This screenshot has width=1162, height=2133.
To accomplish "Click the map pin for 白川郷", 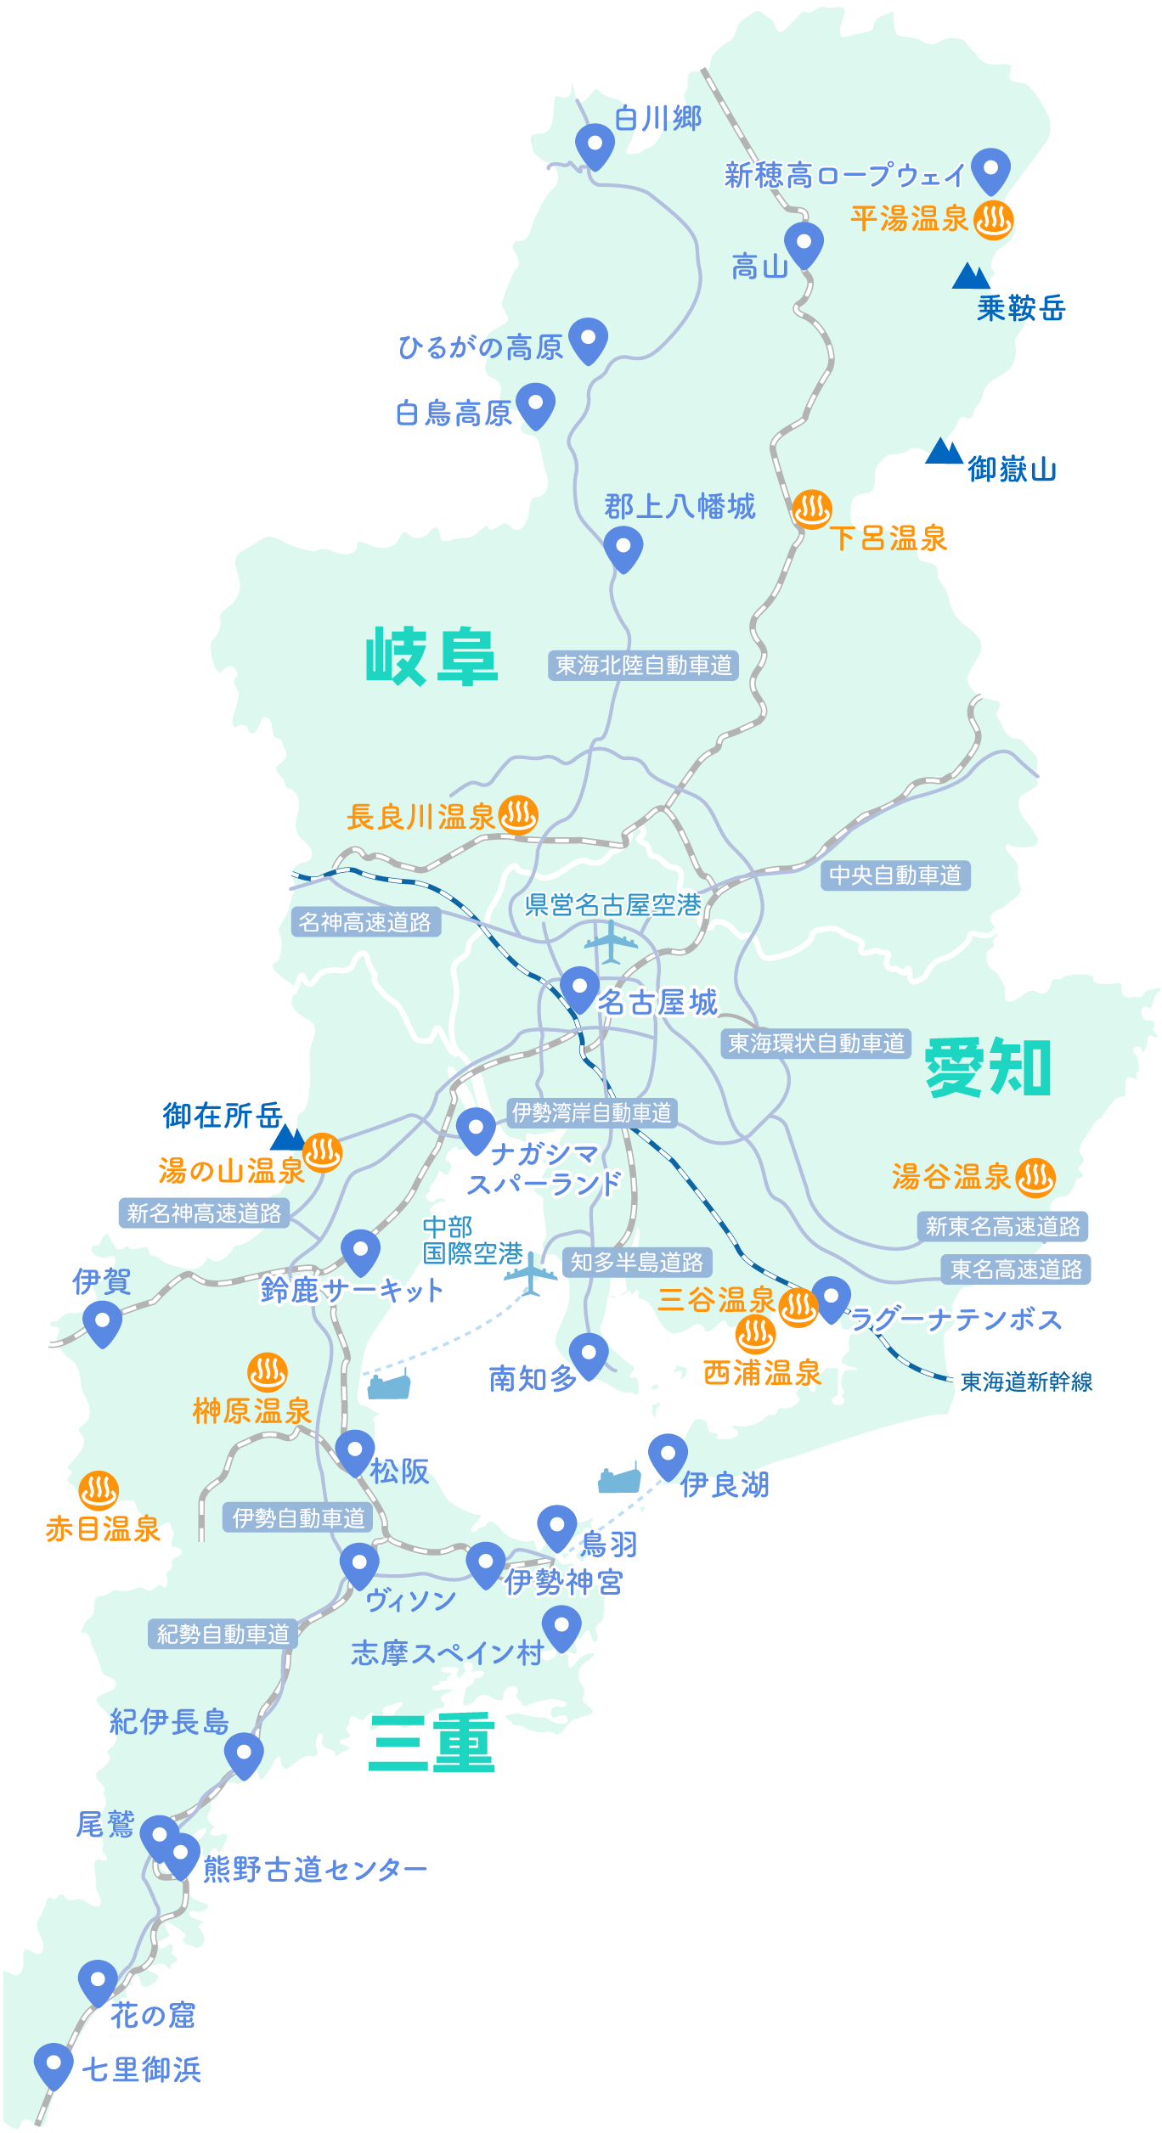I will point(595,144).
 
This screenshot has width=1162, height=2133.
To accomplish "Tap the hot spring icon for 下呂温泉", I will point(811,509).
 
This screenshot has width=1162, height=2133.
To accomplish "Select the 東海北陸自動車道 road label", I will point(643,665).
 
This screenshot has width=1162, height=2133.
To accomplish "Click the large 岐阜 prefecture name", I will point(432,656).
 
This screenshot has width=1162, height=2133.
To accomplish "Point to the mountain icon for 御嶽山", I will point(943,452).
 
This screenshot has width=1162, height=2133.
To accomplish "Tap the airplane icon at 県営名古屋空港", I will point(611,942).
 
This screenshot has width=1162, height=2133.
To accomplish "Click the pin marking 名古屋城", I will point(580,988).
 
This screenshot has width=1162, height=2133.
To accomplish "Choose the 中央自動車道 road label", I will point(895,875).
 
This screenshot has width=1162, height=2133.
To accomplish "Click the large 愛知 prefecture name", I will point(988,1067).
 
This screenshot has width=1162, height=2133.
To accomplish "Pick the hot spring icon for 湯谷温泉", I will point(1035,1178).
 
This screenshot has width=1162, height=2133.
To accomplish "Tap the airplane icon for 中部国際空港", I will point(531,1274).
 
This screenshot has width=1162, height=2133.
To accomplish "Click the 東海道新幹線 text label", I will point(1026,1382).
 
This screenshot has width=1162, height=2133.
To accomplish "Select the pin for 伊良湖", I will point(668,1455).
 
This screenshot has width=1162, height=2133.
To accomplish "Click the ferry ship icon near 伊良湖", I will point(619,1480).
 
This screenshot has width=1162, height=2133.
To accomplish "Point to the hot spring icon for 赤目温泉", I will point(99,1489).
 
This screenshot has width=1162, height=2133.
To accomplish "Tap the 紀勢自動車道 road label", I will point(223,1634).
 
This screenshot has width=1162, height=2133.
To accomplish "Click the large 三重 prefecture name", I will point(432,1743).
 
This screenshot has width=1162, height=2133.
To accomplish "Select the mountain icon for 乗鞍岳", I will point(970,277).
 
